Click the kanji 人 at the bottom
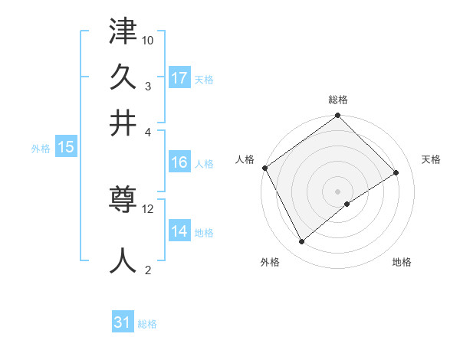123,260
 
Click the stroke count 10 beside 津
148,39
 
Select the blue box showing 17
179,78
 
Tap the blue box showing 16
179,162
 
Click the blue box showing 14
179,232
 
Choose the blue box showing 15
66,148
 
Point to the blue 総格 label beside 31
147,324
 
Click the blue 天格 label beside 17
204,80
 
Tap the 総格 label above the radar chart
338,100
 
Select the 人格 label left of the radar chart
245,159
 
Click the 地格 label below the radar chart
402,263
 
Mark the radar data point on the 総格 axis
338,116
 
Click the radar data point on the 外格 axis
302,242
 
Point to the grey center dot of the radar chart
338,191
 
